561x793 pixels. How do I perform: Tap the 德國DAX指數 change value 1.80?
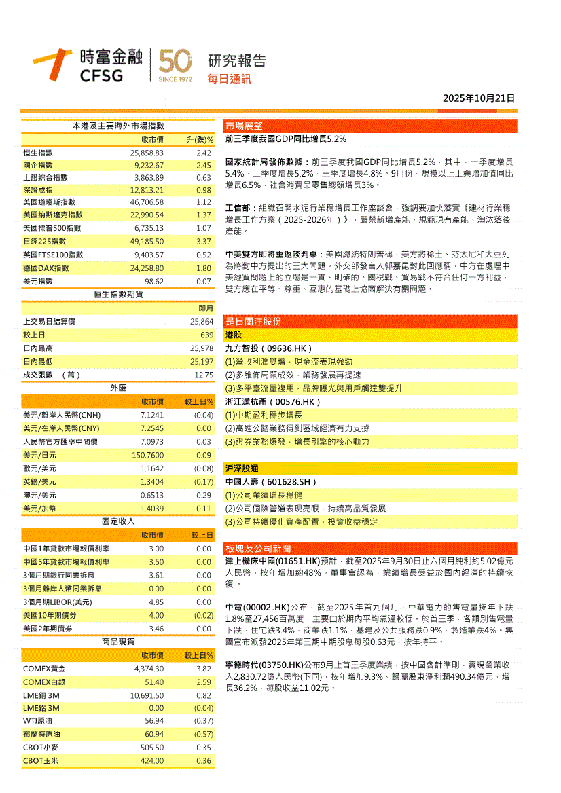pyautogui.click(x=204, y=268)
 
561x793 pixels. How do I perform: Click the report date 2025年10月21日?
pyautogui.click(x=479, y=98)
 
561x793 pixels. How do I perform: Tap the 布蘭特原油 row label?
pyautogui.click(x=42, y=734)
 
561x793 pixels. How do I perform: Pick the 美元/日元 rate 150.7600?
pyautogui.click(x=147, y=454)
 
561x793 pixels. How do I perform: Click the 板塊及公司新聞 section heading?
pyautogui.click(x=258, y=549)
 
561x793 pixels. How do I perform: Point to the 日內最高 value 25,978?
pyautogui.click(x=202, y=348)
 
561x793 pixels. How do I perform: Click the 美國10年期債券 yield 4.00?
pyautogui.click(x=156, y=615)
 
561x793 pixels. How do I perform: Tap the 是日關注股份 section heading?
pyautogui.click(x=253, y=321)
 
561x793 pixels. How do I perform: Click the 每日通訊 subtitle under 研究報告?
pyautogui.click(x=229, y=79)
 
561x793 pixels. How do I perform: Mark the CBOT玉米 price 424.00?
pyautogui.click(x=152, y=760)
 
